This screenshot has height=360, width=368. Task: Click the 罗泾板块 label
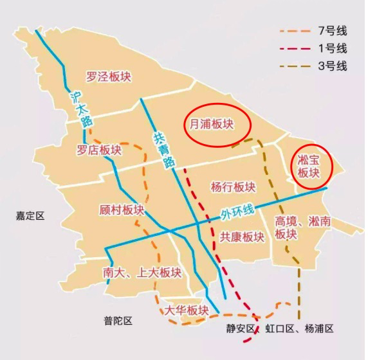(109, 77)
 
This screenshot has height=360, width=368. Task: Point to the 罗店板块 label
(99, 150)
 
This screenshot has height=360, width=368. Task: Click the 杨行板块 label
(233, 187)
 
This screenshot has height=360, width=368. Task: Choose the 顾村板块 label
(122, 210)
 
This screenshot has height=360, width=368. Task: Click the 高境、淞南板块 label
(294, 228)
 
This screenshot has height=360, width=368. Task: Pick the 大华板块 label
(187, 310)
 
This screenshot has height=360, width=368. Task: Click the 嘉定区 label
(30, 217)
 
